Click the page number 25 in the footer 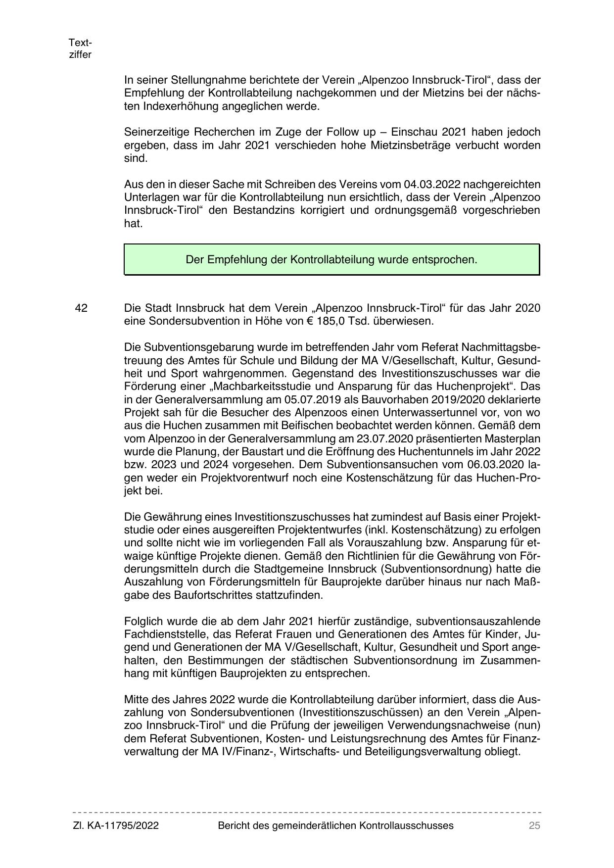click(534, 825)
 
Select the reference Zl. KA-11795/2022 click(116, 825)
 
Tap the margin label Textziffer click(80, 48)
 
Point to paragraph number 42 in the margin click(81, 308)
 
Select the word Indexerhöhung click(179, 106)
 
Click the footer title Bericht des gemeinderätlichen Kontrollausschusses click(335, 825)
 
